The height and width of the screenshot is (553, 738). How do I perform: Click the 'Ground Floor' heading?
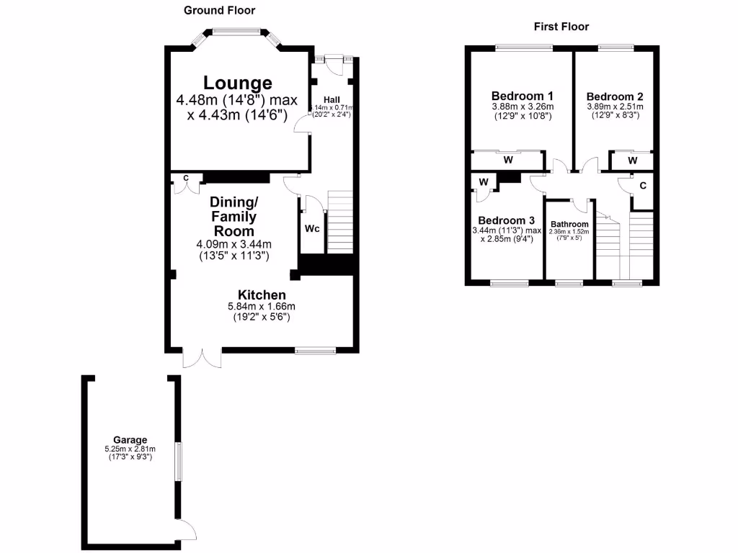coord(219,10)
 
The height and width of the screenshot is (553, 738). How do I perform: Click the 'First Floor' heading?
coord(561,27)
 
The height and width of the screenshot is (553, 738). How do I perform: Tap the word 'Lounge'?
coord(237,83)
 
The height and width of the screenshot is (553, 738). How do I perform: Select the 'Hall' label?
coord(332,99)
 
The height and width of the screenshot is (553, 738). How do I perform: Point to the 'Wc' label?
coord(312,229)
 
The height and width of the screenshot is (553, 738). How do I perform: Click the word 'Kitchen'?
coord(262,295)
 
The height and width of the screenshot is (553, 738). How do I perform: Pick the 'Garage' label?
coord(130,440)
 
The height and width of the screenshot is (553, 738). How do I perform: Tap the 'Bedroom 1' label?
coord(522,96)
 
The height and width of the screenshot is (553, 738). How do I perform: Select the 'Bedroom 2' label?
coord(614,96)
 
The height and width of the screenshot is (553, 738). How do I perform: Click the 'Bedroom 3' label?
coord(506,220)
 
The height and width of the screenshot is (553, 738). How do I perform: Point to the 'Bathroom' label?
coord(569,224)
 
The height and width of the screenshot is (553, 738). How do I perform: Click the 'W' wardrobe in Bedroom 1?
coord(507,160)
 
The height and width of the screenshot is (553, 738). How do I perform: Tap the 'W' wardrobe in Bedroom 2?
coord(632,160)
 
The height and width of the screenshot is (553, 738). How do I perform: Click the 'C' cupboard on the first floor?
coord(642,185)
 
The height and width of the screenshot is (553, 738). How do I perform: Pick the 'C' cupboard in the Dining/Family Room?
coord(185,178)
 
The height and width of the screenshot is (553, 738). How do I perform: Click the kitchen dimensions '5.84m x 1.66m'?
coord(262,306)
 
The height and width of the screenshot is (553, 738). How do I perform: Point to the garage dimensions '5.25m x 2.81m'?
coord(130,449)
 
